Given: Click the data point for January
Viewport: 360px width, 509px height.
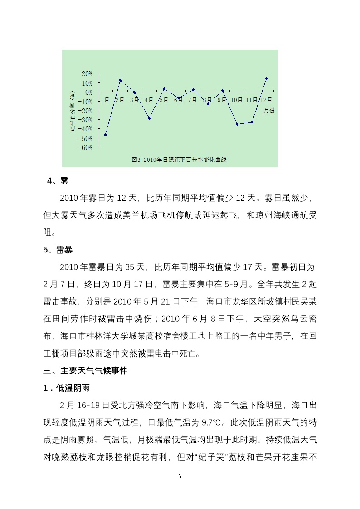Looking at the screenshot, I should coord(105,135).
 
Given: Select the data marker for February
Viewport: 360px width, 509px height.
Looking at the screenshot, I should coord(120,80).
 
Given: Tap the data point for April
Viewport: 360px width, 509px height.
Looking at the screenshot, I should coord(149,118).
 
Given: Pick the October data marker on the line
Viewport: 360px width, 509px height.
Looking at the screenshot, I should coord(237,124).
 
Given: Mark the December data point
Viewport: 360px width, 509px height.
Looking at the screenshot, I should coord(266,78).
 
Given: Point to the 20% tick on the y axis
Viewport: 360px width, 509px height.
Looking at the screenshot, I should coord(88,73).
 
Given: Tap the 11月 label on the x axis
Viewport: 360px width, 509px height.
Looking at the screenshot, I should coord(251,100).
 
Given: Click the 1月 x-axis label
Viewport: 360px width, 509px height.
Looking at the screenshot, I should coord(105,100).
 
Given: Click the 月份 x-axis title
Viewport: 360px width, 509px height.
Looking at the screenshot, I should coord(269,110).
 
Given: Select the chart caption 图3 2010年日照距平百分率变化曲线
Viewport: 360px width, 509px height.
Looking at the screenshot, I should coord(179,160).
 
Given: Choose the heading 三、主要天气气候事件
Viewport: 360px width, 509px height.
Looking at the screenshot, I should coord(86,371).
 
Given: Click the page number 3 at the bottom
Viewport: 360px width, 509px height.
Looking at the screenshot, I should coord(180,476).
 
